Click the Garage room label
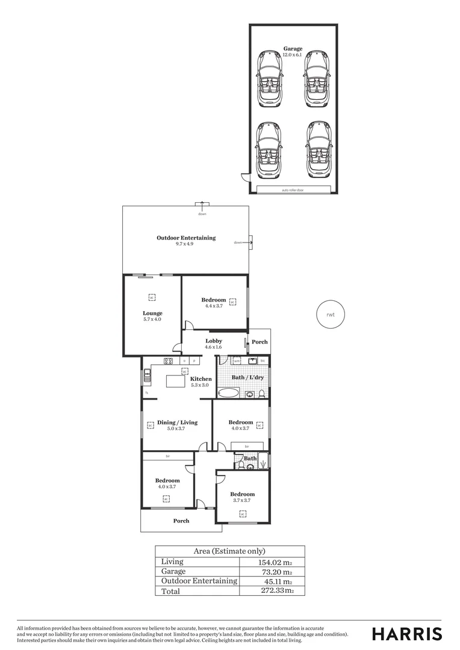[293, 49]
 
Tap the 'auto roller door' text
[293, 190]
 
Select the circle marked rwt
[330, 314]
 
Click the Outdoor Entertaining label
[186, 238]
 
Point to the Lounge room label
[152, 313]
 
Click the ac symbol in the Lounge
[152, 297]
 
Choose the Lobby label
[214, 341]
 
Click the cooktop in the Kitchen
[169, 361]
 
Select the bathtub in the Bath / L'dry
[229, 394]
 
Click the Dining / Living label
[177, 422]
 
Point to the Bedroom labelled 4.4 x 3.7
[214, 300]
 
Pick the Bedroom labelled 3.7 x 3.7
[242, 495]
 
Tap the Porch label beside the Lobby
[260, 342]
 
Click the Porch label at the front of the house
[181, 521]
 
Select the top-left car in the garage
[270, 78]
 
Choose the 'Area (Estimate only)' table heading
[229, 551]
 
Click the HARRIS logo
[407, 634]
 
